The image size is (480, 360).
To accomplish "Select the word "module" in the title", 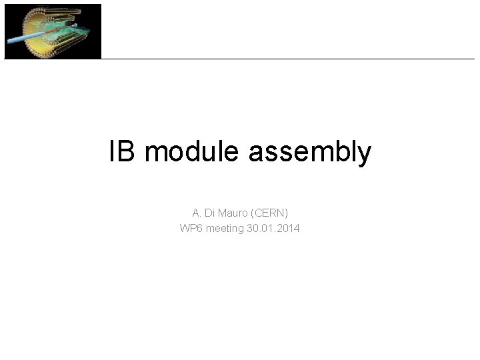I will point(193,152).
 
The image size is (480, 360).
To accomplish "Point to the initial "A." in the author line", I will point(197,213).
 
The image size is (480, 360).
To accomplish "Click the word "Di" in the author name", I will point(210,213).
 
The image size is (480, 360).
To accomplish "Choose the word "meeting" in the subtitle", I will point(225,229).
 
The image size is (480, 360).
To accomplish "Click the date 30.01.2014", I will point(273,229).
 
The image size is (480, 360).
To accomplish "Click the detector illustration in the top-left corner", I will point(53,31).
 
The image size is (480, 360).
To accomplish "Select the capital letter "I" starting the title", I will point(112,152).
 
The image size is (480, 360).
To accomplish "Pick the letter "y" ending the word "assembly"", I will point(365,155).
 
